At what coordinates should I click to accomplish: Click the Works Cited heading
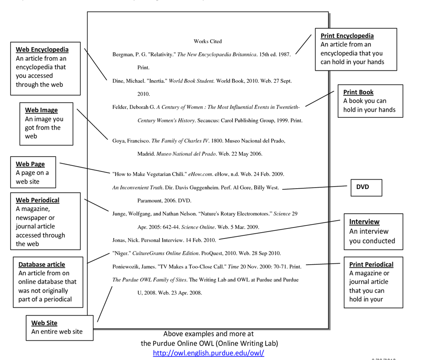point(207,41)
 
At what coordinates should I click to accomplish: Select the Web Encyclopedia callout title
point(42,49)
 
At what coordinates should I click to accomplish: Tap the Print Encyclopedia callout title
point(347,36)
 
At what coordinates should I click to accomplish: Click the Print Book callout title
point(358,92)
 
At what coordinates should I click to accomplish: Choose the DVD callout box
point(366,187)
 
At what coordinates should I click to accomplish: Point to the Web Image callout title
point(41,110)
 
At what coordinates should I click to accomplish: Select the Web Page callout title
point(30,164)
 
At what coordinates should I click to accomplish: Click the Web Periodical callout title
point(38,200)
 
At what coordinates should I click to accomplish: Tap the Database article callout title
point(41,265)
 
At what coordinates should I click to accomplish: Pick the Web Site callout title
point(44,323)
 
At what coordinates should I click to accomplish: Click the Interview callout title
point(364,222)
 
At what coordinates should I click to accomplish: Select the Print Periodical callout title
point(371,265)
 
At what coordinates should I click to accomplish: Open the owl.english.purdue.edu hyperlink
point(208,353)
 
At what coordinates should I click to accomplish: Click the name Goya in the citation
point(118,141)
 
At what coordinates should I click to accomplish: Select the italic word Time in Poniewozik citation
point(233,267)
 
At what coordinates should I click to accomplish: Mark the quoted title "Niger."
point(121,253)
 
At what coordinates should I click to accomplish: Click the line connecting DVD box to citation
point(316,188)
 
